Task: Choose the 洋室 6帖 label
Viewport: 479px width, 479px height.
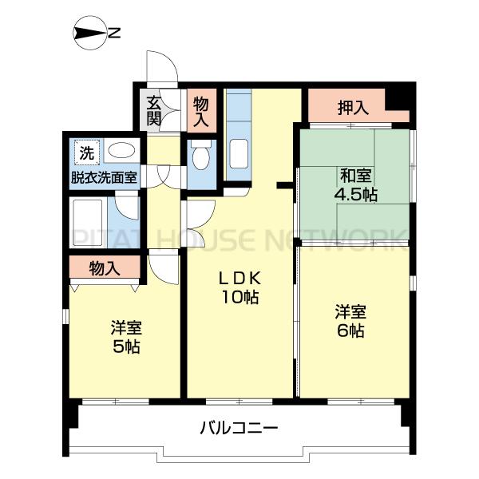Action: (350, 319)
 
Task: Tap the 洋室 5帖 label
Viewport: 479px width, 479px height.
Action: (126, 337)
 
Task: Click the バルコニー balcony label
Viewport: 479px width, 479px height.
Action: (239, 429)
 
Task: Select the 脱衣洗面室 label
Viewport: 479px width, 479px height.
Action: (104, 176)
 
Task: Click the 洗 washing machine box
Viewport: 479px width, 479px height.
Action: (85, 151)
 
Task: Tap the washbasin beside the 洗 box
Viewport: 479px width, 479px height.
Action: (121, 151)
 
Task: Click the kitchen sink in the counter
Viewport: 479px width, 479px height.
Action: (239, 154)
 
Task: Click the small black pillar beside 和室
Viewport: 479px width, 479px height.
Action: (283, 186)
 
